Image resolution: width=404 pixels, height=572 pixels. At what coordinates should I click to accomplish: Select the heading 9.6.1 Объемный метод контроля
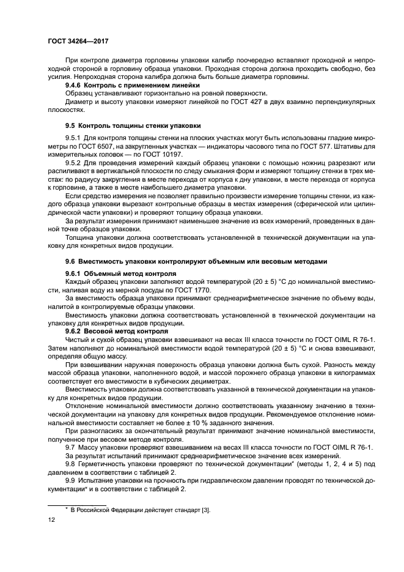(121, 272)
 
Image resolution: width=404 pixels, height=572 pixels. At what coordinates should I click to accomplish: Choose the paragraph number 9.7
(70, 448)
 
